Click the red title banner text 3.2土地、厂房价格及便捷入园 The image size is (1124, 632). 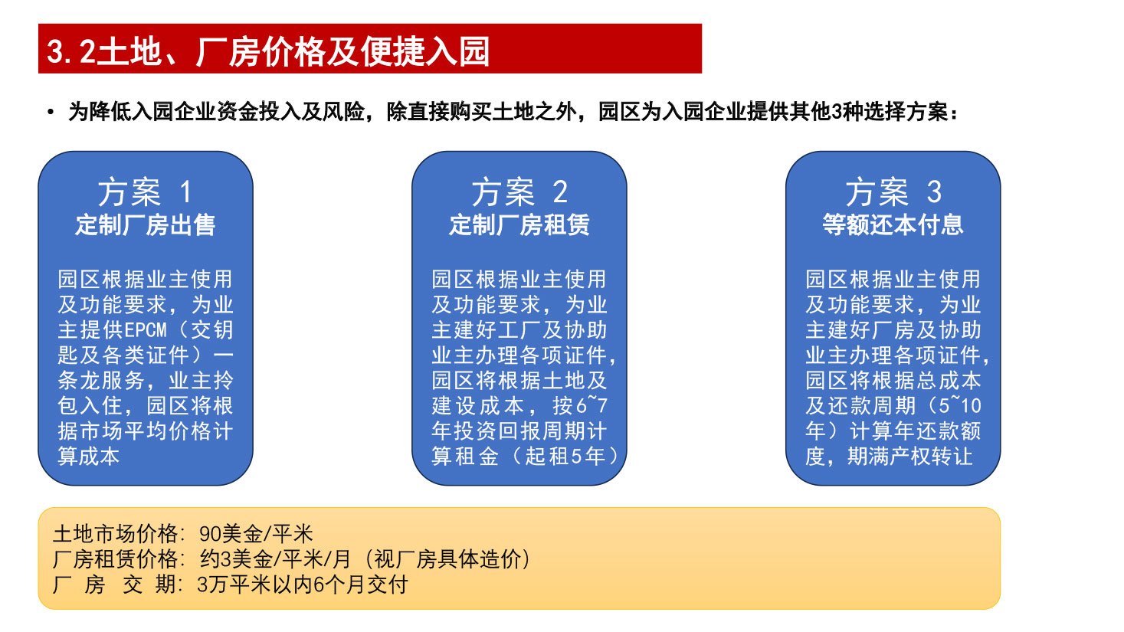pos(268,51)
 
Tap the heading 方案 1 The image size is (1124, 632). pos(145,192)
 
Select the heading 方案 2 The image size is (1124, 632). pos(519,192)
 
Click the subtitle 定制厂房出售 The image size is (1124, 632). pos(145,224)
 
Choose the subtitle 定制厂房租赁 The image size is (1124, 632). pos(519,224)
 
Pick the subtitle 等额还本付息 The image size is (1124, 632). pos(893,224)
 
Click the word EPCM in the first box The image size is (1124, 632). pos(146,330)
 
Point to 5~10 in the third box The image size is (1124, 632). pos(959,405)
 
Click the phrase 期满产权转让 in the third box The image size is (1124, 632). pos(910,456)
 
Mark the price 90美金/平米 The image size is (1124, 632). pos(256,534)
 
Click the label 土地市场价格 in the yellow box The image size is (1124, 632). pos(115,534)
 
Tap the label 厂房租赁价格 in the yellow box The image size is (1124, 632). pos(115,558)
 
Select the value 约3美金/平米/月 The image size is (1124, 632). pos(275,558)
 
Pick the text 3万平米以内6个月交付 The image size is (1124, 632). pos(303,585)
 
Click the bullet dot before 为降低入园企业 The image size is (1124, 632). pos(50,112)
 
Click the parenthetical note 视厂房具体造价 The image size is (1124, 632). pos(447,558)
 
